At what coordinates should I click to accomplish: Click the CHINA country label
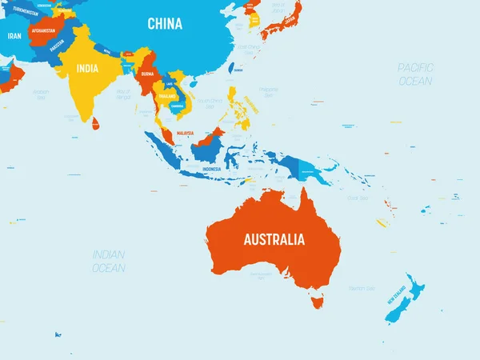coord(165,24)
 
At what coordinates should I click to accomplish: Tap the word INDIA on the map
coord(87,69)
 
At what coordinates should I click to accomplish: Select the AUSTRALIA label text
coord(274,238)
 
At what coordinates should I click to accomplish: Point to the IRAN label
coord(14,36)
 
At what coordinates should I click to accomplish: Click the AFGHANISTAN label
coord(44,31)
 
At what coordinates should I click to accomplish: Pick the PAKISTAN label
coord(57,46)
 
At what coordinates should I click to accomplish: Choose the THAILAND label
coord(166,95)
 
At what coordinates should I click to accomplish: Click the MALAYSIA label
coord(186,133)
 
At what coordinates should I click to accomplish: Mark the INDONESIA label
coord(211,170)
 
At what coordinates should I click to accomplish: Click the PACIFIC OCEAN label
coord(415,74)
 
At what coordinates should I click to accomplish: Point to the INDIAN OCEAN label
coord(109,261)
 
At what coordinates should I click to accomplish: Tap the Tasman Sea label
coord(362,287)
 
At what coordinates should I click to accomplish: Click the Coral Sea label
coord(358,198)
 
